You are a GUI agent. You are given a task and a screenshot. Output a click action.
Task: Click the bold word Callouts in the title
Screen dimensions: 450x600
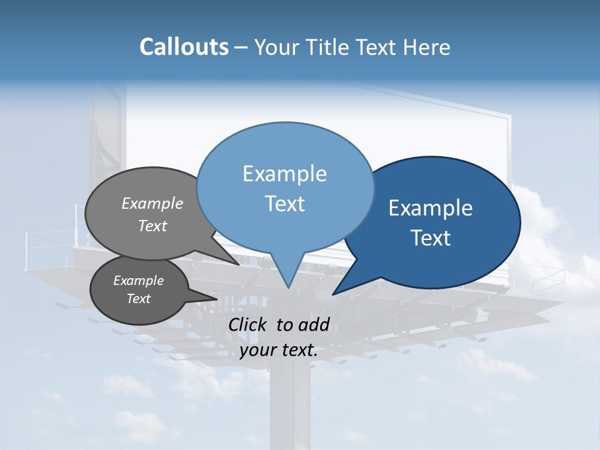pyautogui.click(x=184, y=47)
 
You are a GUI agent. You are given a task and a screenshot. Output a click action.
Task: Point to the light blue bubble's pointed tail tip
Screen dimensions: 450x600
pyautogui.click(x=288, y=287)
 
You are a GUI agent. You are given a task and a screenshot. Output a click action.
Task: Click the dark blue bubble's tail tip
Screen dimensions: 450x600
pyautogui.click(x=334, y=293)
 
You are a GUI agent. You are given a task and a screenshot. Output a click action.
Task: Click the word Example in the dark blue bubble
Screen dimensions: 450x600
pyautogui.click(x=431, y=208)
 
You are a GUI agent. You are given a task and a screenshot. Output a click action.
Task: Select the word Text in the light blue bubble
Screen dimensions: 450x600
pyautogui.click(x=285, y=204)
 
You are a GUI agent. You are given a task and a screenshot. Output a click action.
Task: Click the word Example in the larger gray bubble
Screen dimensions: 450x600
pyautogui.click(x=152, y=204)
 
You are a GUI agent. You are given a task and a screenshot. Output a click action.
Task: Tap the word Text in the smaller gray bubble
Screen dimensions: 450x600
pyautogui.click(x=139, y=299)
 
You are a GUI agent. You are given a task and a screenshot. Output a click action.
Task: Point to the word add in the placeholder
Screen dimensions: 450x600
pyautogui.click(x=314, y=324)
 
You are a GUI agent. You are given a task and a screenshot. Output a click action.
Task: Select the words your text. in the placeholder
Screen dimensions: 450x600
pyautogui.click(x=279, y=350)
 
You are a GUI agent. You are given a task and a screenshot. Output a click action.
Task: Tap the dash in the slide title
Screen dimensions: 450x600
pyautogui.click(x=242, y=47)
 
